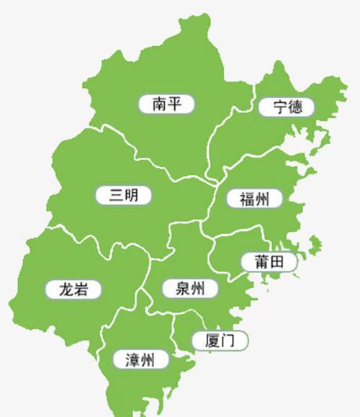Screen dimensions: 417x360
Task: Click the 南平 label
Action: coord(166,104)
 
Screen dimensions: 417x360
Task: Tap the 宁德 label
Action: coord(285,108)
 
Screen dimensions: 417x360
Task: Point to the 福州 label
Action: coord(253,199)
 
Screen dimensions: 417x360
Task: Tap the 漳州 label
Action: coord(140,359)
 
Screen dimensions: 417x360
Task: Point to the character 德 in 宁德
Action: coord(294,108)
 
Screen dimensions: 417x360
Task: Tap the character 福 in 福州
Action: coord(246,199)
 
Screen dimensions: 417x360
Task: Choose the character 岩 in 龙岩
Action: coord(82,290)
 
